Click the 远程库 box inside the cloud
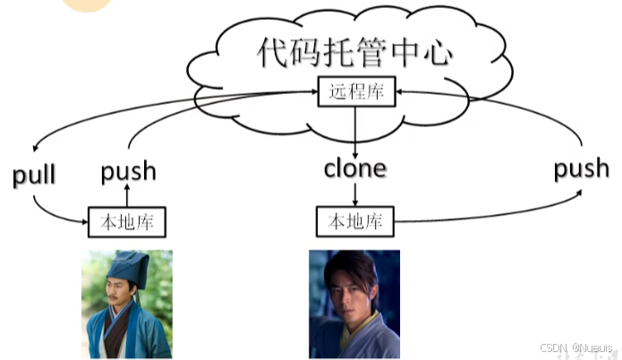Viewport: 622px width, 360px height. tap(354, 90)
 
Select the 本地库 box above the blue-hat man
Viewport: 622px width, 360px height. tap(128, 220)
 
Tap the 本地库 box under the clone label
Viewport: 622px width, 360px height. tap(355, 220)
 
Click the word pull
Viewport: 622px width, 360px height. tap(34, 175)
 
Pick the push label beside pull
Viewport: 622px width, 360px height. tap(128, 170)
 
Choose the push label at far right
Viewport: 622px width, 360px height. tap(581, 167)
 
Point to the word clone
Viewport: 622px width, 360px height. tap(354, 167)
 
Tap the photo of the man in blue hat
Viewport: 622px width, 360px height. tap(126, 303)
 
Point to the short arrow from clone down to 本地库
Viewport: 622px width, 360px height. tap(355, 193)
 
